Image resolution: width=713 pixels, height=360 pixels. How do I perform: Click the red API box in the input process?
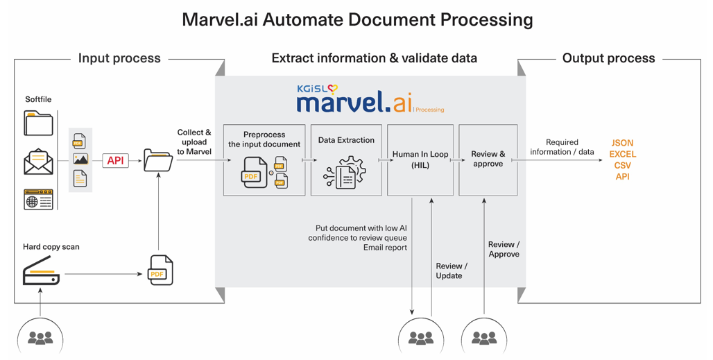(115, 161)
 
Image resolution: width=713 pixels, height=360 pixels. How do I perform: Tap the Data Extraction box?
(346, 160)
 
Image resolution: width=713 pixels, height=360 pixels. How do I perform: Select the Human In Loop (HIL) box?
(420, 160)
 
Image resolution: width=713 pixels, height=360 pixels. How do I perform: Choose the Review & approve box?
(488, 160)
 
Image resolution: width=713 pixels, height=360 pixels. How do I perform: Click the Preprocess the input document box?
(264, 160)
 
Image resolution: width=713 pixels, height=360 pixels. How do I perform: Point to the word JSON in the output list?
(622, 143)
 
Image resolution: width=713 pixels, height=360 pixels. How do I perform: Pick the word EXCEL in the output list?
(622, 154)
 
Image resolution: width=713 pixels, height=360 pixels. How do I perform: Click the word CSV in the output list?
(622, 165)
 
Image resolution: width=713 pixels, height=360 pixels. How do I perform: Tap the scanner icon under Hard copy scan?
(41, 271)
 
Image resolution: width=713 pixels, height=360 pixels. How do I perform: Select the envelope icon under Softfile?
(38, 162)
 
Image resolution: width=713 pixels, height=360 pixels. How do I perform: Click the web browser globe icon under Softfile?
(38, 200)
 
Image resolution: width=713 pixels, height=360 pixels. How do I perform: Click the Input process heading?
(119, 58)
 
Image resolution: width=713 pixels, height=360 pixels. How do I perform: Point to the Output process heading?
(608, 58)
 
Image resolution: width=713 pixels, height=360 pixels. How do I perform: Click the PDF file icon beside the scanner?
(161, 270)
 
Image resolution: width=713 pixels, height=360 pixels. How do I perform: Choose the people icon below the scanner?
(40, 338)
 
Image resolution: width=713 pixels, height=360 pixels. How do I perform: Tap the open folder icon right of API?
(158, 161)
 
